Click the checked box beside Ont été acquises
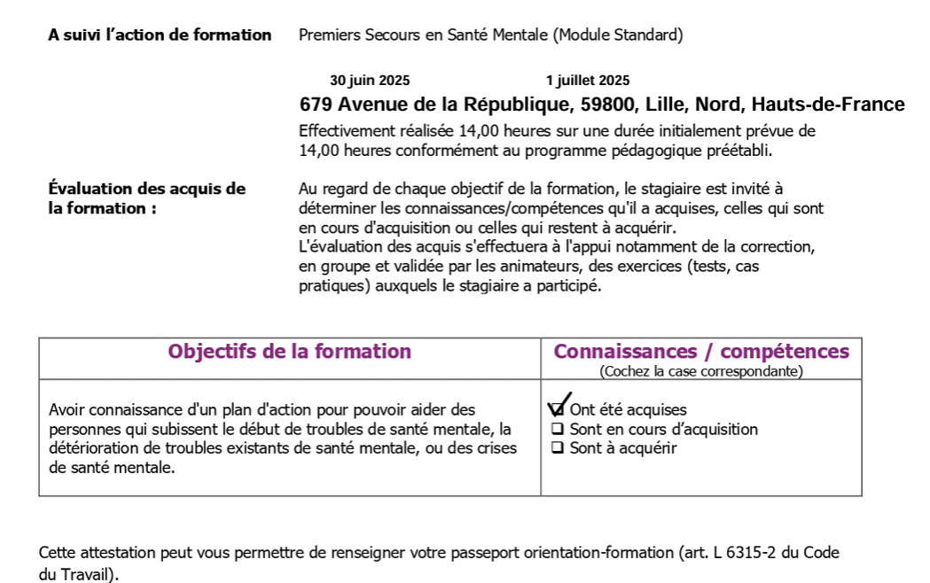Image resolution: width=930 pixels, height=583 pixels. (557, 409)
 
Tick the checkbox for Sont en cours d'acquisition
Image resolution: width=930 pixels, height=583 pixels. (558, 429)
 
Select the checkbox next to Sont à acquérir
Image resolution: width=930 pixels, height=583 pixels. (558, 447)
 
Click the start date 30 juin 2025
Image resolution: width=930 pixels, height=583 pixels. (370, 81)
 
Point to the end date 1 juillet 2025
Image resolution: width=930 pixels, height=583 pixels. (588, 81)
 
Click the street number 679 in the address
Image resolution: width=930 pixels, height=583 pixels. (316, 105)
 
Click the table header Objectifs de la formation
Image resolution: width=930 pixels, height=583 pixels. (289, 351)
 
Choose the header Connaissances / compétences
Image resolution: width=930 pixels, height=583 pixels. (701, 351)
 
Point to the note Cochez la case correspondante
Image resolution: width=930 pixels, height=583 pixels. (701, 371)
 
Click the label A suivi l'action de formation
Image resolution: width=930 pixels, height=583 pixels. (160, 35)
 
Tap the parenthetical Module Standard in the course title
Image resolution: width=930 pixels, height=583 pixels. (618, 35)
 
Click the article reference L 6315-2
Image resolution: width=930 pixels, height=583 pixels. (746, 553)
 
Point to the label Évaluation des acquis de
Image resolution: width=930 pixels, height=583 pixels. (147, 189)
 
